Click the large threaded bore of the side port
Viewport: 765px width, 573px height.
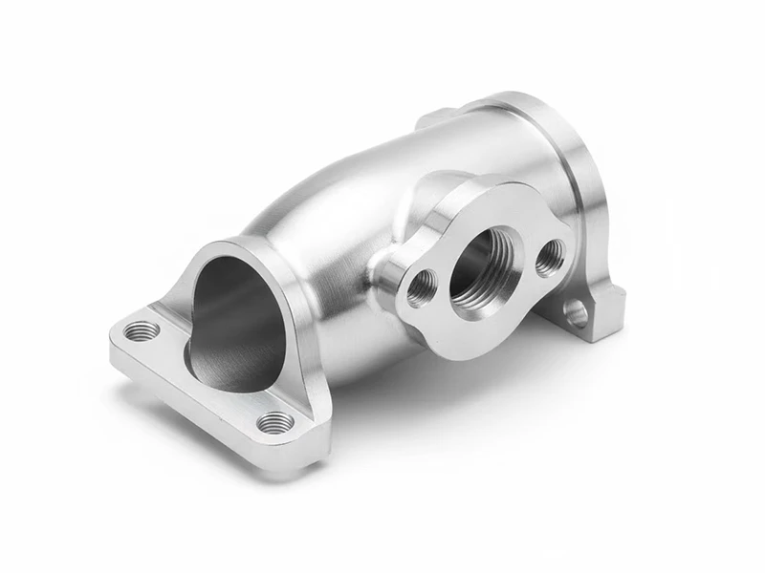click(482, 270)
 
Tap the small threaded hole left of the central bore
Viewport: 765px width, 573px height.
click(422, 286)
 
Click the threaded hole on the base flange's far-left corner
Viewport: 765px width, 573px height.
click(143, 331)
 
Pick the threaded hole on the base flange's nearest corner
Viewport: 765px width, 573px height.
click(275, 421)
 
